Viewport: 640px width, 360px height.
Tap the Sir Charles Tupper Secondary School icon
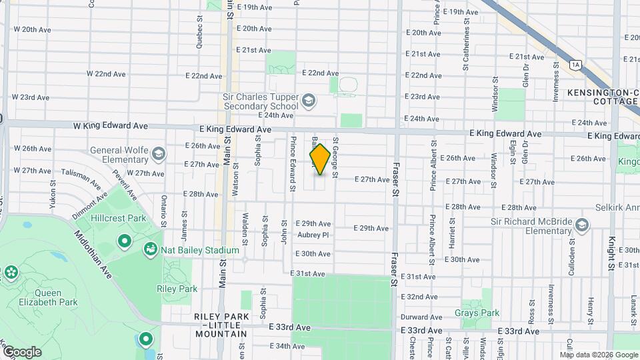pyautogui.click(x=308, y=101)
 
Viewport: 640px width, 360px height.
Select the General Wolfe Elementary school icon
pyautogui.click(x=158, y=155)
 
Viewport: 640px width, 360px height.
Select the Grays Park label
pyautogui.click(x=477, y=313)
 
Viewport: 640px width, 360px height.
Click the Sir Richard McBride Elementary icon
pyautogui.click(x=582, y=225)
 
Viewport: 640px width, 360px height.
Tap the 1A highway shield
pyautogui.click(x=575, y=64)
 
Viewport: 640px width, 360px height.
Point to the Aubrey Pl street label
pyautogui.click(x=315, y=235)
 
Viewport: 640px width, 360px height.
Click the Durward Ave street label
pyautogui.click(x=422, y=317)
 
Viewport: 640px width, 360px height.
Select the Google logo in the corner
pyautogui.click(x=21, y=352)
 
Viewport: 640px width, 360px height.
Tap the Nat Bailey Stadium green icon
pyautogui.click(x=151, y=250)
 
